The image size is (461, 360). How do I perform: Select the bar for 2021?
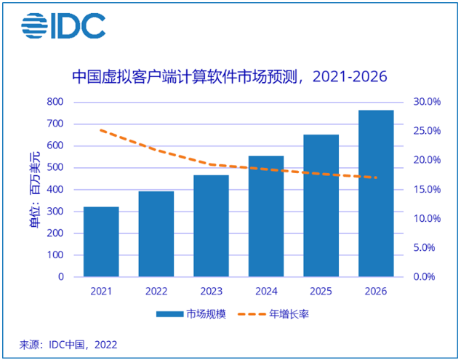point(101,241)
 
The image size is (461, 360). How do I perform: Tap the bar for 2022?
point(156,233)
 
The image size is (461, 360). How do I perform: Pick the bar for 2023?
point(211,225)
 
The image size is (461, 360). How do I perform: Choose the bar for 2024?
point(266,216)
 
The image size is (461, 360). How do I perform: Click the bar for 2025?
point(321,205)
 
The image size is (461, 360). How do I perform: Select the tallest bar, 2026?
point(376,193)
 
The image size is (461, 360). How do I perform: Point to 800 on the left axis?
point(56,102)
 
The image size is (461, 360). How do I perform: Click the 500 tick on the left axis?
point(56,167)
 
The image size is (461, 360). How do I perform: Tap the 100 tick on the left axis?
point(56,255)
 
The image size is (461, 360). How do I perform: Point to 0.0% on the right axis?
point(425,277)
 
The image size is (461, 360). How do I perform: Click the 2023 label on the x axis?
point(211,291)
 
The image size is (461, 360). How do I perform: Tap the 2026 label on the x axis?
point(376,291)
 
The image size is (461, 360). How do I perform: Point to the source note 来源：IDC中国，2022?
point(68,345)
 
